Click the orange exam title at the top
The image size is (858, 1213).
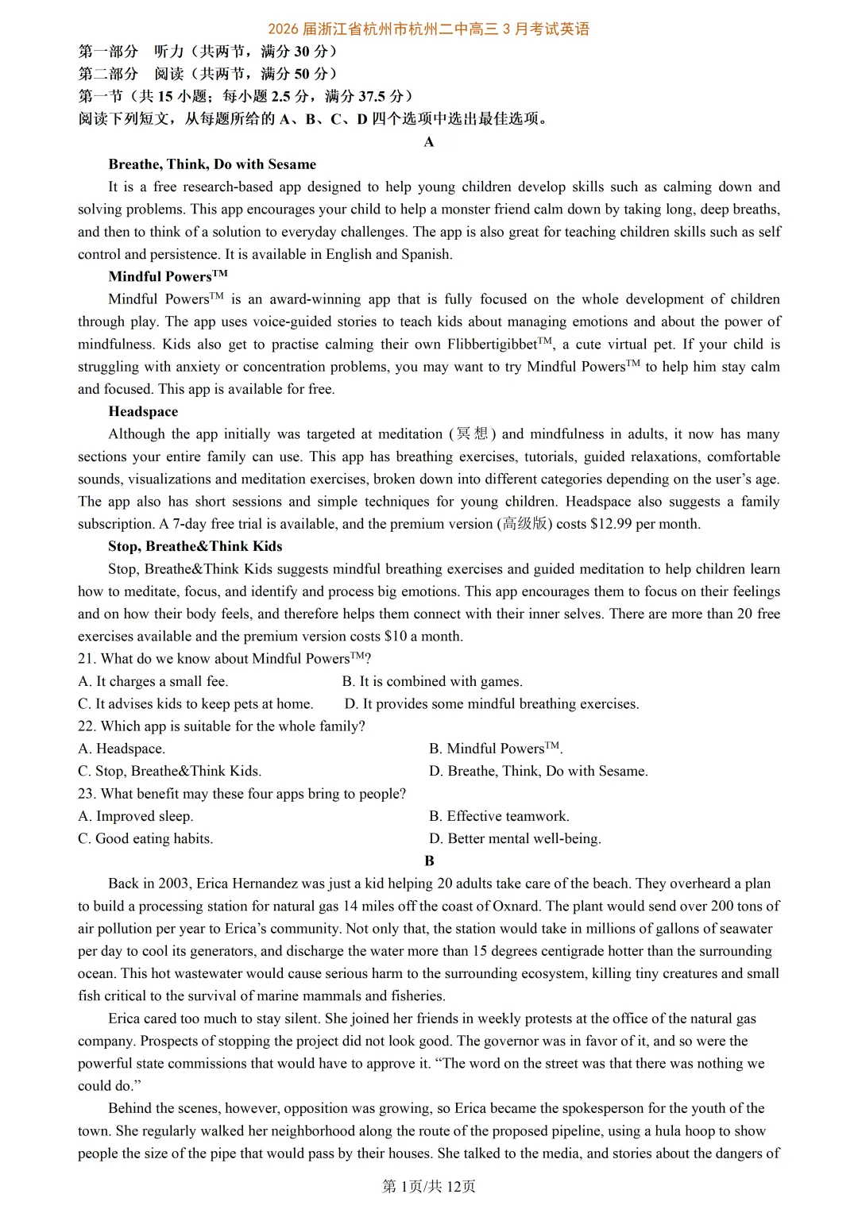pos(429,29)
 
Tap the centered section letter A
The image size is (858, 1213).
pos(429,142)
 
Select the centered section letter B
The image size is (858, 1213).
pos(429,861)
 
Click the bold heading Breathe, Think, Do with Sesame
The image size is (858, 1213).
pos(212,164)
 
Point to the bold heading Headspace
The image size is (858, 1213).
pos(143,411)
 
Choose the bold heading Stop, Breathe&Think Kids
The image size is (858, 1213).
pos(195,546)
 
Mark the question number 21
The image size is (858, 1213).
pos(86,659)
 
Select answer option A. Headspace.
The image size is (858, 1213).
pos(122,749)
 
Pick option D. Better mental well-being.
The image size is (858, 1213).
pos(515,838)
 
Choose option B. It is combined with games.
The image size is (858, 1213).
pos(432,681)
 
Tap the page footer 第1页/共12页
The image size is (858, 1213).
pos(429,1186)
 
